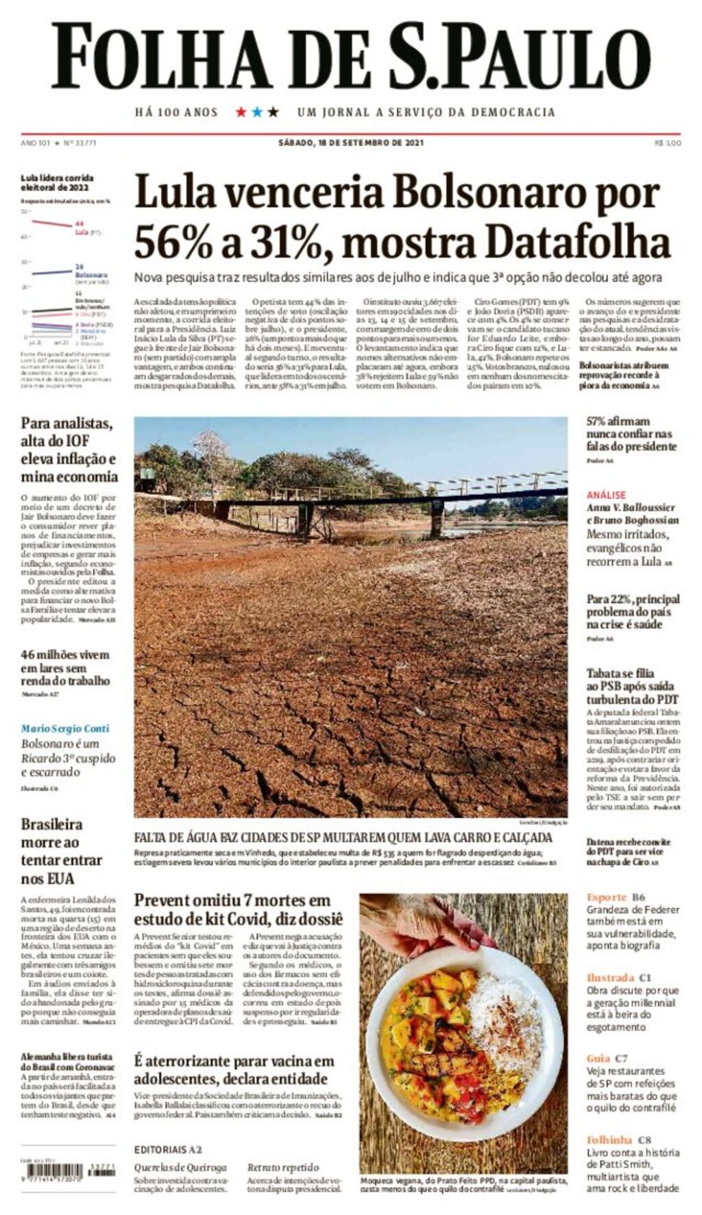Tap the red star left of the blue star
click(241, 112)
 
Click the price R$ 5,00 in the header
click(668, 143)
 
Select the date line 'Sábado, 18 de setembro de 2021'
click(350, 143)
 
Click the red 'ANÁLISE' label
click(606, 494)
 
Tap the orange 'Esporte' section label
click(607, 897)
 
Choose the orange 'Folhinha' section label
click(609, 1140)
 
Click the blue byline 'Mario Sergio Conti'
click(64, 728)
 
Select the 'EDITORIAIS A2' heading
click(168, 1149)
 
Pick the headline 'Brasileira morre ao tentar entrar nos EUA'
click(61, 851)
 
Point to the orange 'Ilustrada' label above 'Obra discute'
click(610, 978)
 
